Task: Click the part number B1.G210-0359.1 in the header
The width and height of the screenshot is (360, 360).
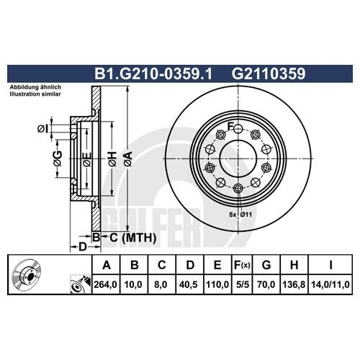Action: tap(153, 73)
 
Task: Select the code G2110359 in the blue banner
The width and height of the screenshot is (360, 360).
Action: tap(269, 73)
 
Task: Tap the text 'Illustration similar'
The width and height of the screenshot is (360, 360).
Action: tap(35, 94)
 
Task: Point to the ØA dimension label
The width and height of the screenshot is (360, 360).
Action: tap(128, 158)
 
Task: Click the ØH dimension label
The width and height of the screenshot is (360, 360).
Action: tap(112, 158)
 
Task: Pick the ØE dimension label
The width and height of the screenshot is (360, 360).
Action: tap(87, 159)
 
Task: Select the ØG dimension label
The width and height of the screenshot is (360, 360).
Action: tap(58, 158)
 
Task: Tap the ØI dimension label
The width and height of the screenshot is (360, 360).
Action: tap(42, 129)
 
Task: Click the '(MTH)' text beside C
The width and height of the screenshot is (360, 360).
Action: tap(139, 238)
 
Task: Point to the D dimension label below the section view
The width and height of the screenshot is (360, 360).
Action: tap(82, 247)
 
